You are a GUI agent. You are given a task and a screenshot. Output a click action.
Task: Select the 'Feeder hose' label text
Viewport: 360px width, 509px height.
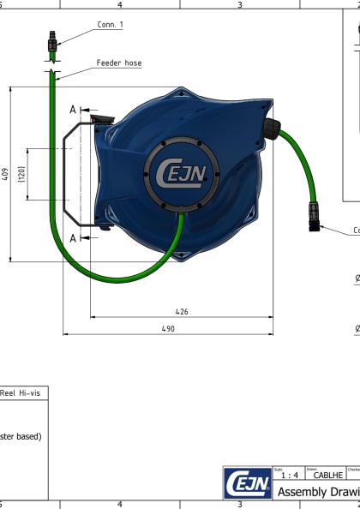coord(119,63)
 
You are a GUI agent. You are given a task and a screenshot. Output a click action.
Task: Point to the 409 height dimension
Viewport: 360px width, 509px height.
coord(6,174)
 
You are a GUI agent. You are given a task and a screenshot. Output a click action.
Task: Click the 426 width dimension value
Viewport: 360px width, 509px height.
coord(182,312)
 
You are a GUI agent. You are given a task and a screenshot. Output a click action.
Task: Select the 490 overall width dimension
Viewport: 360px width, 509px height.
coord(168,329)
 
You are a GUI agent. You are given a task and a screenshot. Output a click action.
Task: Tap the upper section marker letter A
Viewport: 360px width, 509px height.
coord(74,110)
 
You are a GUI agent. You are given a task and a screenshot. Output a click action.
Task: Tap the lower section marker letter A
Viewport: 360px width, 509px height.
coord(74,237)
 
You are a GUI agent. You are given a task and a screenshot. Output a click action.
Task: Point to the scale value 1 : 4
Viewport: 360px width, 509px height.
coord(290,475)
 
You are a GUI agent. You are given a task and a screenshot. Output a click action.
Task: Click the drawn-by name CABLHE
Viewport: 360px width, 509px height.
coord(328,475)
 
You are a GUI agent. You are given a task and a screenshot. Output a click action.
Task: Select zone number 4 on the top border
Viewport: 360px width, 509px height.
coord(119,4)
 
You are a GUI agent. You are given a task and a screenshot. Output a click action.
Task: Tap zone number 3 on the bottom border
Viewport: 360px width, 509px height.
coord(239,505)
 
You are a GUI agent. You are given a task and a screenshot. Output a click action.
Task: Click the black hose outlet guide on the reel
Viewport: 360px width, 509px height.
coord(272,129)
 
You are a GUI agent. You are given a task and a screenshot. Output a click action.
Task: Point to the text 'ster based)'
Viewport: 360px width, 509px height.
coord(21,435)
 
